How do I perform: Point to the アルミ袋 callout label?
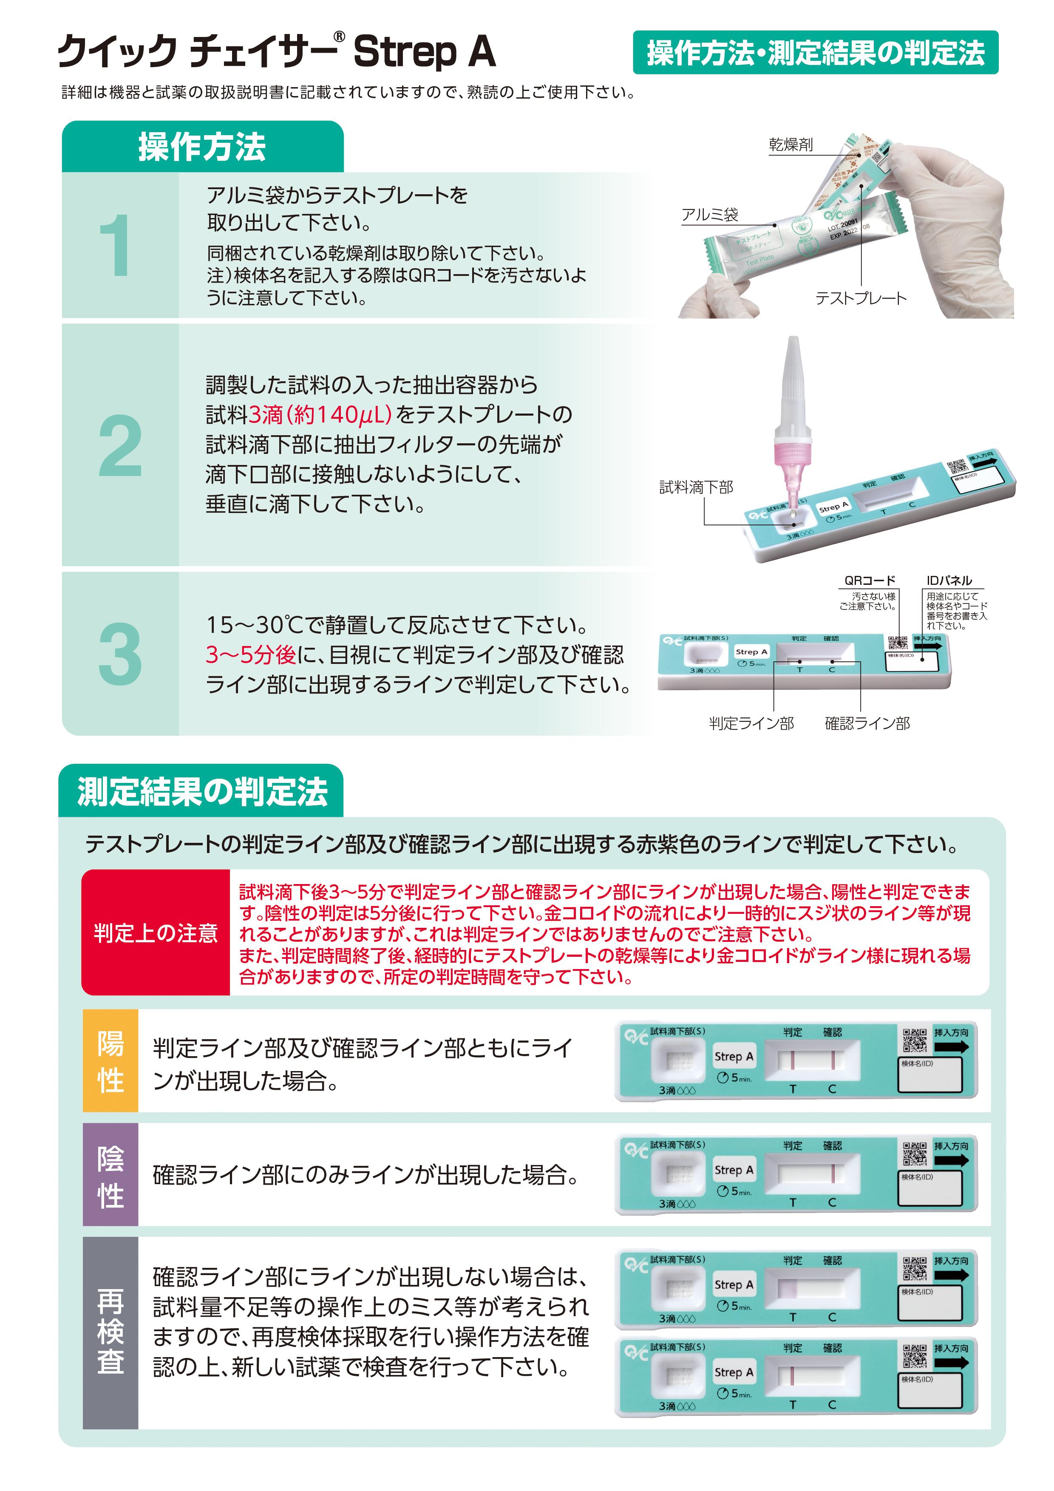(710, 215)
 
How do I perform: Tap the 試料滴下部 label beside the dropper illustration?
(696, 488)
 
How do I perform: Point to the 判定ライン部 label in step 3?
(751, 723)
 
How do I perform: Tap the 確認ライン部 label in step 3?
(867, 723)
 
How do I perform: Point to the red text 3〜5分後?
(251, 655)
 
